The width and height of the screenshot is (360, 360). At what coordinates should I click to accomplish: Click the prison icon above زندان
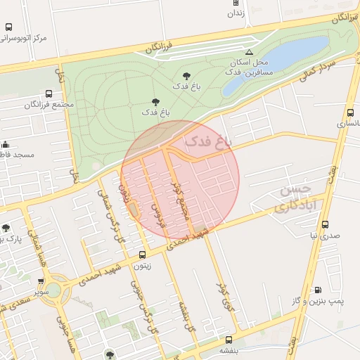point(236,3)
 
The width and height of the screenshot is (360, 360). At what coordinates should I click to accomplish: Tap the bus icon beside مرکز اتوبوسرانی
point(8,27)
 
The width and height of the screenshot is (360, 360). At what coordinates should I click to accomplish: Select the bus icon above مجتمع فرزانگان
point(49,94)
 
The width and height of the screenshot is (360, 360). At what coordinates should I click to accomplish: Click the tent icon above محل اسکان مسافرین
point(248,52)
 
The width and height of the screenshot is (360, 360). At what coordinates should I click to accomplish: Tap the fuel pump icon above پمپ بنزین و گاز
point(319,290)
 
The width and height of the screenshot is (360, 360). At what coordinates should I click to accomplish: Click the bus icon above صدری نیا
point(325,225)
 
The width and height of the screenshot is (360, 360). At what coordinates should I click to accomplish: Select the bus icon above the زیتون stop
point(143,255)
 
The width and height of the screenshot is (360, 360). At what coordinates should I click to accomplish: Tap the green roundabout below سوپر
point(53,290)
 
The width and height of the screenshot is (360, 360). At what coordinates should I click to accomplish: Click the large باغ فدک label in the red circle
point(207,141)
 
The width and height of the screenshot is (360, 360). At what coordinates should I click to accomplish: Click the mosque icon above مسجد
point(6,145)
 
